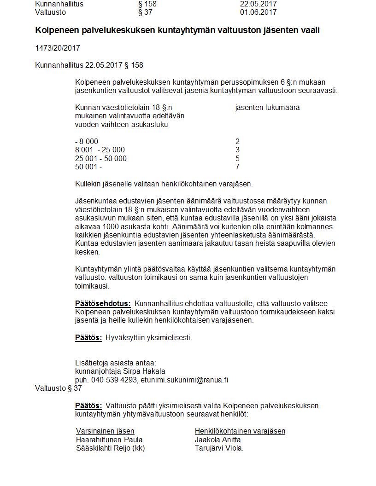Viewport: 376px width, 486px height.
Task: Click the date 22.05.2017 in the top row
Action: click(x=258, y=4)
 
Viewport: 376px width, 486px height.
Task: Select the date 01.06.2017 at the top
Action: click(x=258, y=12)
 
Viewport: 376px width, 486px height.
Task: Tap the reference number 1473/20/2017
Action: click(x=57, y=48)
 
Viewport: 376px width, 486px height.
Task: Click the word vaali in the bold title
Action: click(x=309, y=30)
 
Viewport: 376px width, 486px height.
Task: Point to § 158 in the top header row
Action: click(x=147, y=4)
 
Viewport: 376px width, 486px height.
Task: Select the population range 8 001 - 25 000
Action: click(x=100, y=150)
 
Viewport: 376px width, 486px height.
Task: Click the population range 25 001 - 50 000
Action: click(x=100, y=158)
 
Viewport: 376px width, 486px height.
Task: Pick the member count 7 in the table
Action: click(x=237, y=167)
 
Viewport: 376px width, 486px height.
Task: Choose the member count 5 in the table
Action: click(x=237, y=158)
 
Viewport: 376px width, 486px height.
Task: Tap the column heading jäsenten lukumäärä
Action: click(x=267, y=108)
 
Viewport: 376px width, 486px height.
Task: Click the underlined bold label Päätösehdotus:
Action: click(x=103, y=304)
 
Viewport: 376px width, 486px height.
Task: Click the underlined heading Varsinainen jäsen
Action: click(x=105, y=431)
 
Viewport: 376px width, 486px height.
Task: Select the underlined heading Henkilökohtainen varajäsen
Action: click(x=240, y=431)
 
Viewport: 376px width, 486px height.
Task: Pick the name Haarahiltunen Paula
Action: click(x=109, y=440)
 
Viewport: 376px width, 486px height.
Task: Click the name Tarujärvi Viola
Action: click(x=219, y=448)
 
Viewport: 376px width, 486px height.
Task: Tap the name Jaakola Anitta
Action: click(x=217, y=440)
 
